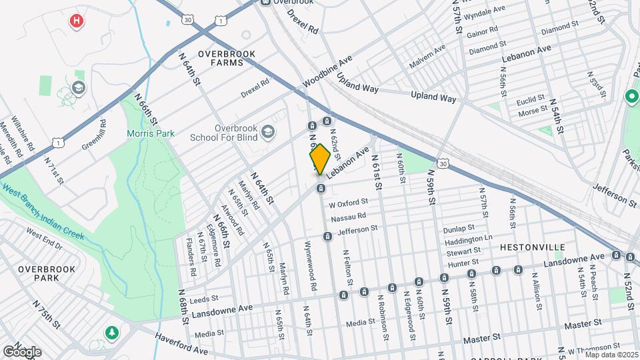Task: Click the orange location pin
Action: [320, 159]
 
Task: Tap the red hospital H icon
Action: [77, 21]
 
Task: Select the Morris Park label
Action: [151, 133]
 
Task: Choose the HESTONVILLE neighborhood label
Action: [533, 247]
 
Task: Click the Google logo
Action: [22, 351]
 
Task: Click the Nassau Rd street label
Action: [349, 217]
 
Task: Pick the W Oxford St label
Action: [348, 203]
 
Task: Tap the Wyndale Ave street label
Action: [485, 13]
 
